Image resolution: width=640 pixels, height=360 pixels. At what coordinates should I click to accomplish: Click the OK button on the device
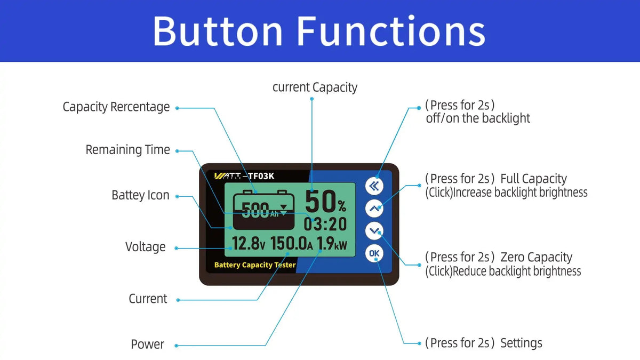pos(374,253)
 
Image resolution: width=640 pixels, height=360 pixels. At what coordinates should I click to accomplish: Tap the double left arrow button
pos(374,186)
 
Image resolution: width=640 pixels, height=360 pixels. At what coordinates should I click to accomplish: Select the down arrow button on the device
pos(374,230)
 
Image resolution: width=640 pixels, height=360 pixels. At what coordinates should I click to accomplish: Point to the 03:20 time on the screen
pos(325,224)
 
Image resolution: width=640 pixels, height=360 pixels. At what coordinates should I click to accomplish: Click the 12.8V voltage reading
pos(249,244)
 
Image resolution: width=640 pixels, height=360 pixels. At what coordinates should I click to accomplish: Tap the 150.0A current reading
pos(291,244)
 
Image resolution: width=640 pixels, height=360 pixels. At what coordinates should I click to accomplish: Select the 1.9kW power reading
pos(332,244)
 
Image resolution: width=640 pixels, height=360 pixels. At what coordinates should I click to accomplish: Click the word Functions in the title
pos(391,31)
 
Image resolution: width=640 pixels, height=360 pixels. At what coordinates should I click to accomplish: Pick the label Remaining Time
pos(127,150)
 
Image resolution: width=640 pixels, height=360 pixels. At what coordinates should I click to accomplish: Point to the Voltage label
pos(146,247)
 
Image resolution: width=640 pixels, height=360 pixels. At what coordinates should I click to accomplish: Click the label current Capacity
pos(315,87)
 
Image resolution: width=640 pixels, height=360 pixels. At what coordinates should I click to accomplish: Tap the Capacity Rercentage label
pos(116,107)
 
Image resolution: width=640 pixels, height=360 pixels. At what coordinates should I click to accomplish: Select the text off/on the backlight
pos(478,118)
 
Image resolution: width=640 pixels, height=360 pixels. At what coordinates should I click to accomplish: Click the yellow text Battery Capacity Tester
pos(255,265)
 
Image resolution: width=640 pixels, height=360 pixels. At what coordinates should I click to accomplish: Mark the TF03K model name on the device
pos(261,176)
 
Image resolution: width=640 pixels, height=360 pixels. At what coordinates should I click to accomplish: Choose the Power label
pos(147,345)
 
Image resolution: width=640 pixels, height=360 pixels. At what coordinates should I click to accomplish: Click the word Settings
pos(521,343)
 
